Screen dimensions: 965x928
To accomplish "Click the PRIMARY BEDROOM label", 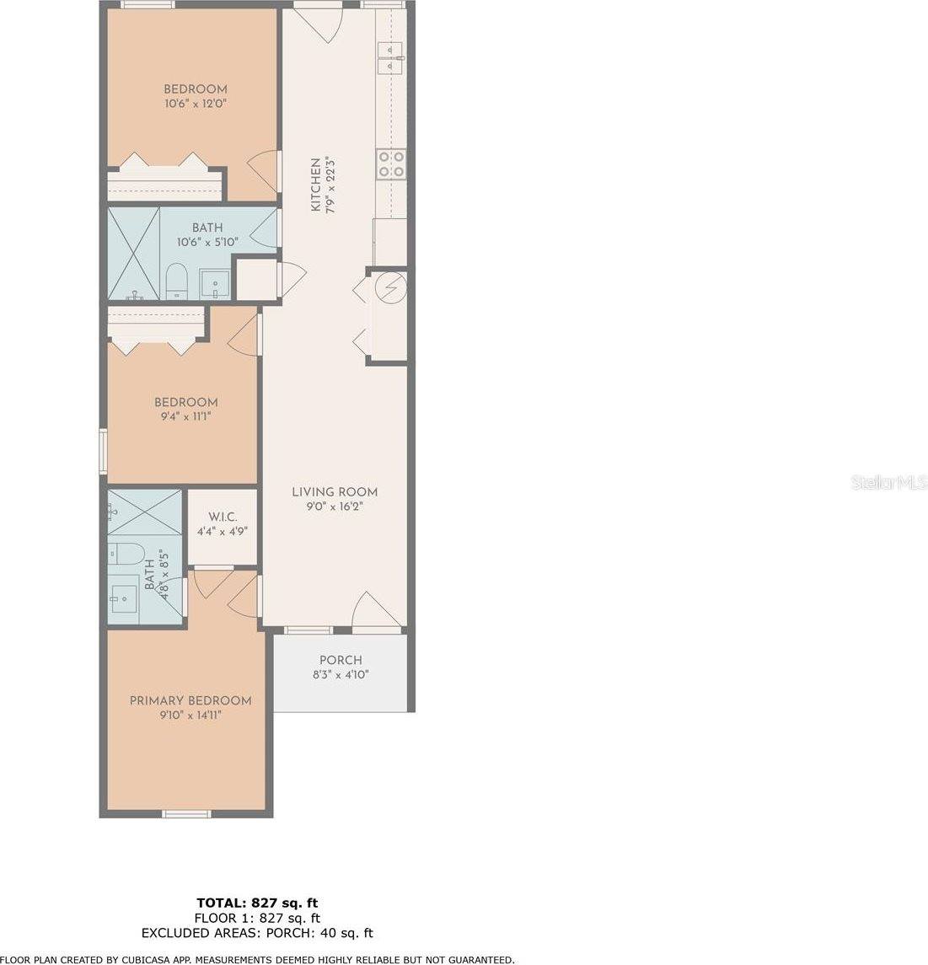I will pos(190,700).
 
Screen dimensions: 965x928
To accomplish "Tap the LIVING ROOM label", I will pos(335,492).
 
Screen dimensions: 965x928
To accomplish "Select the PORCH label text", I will pos(341,660).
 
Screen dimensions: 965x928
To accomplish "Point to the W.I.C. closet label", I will pos(222,517).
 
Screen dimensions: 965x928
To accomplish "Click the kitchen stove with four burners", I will pos(390,164).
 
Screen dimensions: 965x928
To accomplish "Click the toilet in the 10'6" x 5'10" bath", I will pos(177,280).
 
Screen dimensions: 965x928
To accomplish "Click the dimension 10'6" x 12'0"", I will pos(196,104).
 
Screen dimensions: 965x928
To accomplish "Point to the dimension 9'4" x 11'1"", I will pos(185,417).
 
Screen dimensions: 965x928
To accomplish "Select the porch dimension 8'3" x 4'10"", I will pos(341,674).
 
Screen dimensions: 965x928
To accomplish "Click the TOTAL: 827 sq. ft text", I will pos(257,903).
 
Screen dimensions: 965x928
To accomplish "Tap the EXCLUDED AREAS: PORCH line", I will pos(257,933).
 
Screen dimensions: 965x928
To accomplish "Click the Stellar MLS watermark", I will pos(889,483).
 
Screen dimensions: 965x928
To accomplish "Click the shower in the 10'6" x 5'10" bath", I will pos(133,253).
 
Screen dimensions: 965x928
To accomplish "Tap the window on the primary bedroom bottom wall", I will pos(185,813).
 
